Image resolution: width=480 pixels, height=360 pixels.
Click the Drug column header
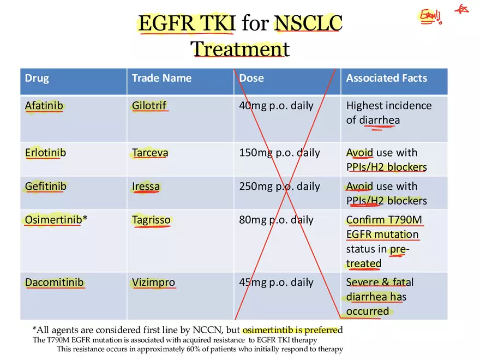pyautogui.click(x=37, y=78)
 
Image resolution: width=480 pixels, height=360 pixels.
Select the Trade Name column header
pyautogui.click(x=161, y=78)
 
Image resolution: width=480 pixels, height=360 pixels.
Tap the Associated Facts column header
pyautogui.click(x=386, y=78)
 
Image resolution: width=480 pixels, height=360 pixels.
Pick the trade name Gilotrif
pyautogui.click(x=149, y=105)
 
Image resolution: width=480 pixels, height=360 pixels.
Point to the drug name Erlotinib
pyautogui.click(x=45, y=153)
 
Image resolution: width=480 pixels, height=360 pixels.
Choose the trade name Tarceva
pyautogui.click(x=150, y=153)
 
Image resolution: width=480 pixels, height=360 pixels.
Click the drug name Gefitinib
pyautogui.click(x=45, y=187)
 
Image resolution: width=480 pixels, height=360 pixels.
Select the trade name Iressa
pyautogui.click(x=146, y=187)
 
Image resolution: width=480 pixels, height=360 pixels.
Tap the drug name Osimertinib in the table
pyautogui.click(x=53, y=220)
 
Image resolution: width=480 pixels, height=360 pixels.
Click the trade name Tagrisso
pyautogui.click(x=151, y=220)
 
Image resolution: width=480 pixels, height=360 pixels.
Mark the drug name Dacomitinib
pyautogui.click(x=54, y=283)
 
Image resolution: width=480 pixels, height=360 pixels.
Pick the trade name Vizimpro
pyautogui.click(x=153, y=283)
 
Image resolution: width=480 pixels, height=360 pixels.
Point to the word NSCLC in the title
pyautogui.click(x=308, y=23)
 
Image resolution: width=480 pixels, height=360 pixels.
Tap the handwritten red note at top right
pyautogui.click(x=431, y=16)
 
